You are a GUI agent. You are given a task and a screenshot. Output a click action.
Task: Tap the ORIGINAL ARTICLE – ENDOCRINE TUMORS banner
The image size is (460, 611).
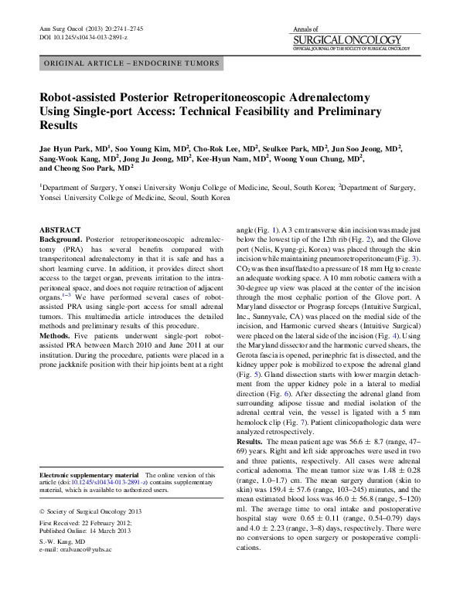click(131, 64)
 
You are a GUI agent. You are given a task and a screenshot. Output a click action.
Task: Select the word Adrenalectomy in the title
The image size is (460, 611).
click(329, 100)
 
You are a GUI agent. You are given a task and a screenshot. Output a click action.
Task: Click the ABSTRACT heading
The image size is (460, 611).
click(59, 230)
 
